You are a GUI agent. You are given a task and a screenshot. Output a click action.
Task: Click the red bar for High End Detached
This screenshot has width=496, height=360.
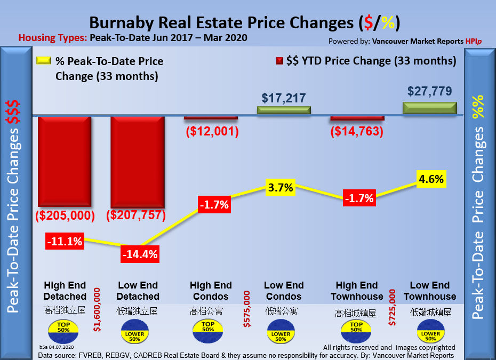[x=65, y=161]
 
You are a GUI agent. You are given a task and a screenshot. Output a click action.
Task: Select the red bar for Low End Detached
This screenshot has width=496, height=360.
[x=137, y=161]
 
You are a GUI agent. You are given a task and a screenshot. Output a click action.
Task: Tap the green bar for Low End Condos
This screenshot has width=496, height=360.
[x=283, y=110]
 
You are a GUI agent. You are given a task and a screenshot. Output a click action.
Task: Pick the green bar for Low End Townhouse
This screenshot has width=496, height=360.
[x=430, y=107]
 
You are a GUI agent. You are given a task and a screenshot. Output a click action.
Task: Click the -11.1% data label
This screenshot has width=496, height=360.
[x=64, y=241]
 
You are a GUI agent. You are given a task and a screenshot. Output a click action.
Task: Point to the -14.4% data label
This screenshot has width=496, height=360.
[x=139, y=254]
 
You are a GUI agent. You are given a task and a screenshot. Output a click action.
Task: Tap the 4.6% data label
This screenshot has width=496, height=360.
[x=431, y=179]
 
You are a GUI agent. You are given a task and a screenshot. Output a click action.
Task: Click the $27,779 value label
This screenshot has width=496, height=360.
[x=430, y=91]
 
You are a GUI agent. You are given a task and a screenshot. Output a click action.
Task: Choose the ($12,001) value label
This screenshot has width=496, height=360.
[x=211, y=131]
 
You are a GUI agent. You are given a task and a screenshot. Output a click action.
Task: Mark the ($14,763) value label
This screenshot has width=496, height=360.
[x=357, y=131]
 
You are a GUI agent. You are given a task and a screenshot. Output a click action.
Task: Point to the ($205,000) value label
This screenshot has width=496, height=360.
[x=65, y=215]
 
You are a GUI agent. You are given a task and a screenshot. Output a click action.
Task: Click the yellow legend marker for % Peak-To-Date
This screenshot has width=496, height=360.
[x=43, y=61]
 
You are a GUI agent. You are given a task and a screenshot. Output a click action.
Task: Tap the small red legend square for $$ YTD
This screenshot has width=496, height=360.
[x=279, y=61]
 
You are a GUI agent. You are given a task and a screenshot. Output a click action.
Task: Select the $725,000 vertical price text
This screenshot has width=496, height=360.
[x=393, y=307]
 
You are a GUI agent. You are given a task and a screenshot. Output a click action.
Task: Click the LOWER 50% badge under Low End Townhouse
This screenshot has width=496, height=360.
[x=430, y=334]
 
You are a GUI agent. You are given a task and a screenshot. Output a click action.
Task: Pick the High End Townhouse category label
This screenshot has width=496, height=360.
[x=357, y=291]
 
